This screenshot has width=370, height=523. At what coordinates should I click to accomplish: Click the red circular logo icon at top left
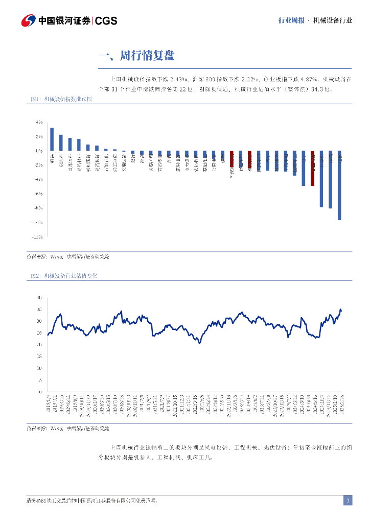[28, 20]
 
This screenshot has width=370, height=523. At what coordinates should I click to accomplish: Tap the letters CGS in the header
[106, 21]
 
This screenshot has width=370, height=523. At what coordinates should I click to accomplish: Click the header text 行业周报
[291, 20]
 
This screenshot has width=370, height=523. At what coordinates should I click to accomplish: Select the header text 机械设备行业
[332, 20]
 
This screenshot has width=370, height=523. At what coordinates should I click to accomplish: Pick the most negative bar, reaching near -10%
[339, 185]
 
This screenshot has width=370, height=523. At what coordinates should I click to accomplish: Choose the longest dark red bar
[313, 168]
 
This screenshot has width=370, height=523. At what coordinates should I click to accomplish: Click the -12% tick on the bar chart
[38, 237]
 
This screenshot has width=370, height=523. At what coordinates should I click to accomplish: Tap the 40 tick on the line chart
[39, 297]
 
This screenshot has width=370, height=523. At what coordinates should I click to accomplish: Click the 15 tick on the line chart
[39, 356]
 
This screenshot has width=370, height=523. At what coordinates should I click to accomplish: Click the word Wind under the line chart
[56, 428]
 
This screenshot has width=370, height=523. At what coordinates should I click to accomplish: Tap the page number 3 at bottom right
[348, 501]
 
